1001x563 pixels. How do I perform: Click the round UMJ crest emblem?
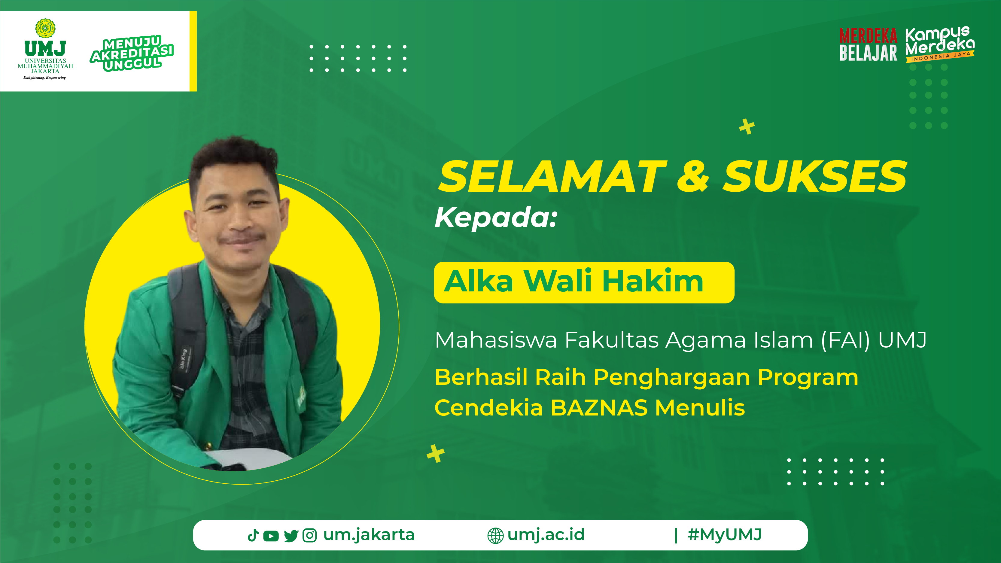point(45,28)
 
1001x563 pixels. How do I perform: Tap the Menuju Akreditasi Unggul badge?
point(132,53)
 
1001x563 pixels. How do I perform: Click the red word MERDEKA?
point(868,35)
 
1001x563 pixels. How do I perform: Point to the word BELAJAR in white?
point(868,53)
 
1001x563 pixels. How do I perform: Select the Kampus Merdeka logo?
point(940,44)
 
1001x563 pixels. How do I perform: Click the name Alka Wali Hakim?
point(574,281)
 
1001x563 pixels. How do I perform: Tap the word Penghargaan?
point(671,378)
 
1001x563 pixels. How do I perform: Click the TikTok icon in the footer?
point(253,535)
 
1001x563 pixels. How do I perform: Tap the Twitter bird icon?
point(291,536)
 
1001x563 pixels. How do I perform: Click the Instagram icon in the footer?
point(310,535)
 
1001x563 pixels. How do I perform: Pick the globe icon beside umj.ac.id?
point(495,536)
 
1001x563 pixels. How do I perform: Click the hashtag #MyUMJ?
point(725,535)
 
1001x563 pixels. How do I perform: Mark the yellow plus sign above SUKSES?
point(747,127)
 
